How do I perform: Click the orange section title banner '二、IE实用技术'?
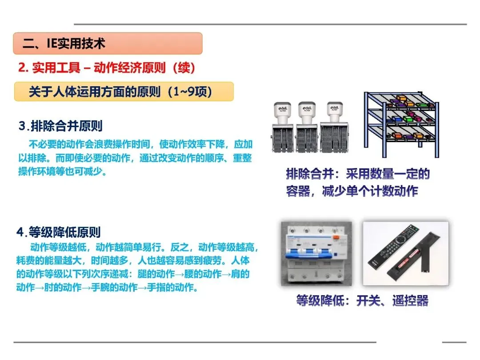point(108,44)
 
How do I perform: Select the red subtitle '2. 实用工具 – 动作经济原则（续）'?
point(107,68)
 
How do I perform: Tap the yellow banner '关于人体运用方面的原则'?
point(124,92)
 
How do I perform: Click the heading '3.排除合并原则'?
point(60,126)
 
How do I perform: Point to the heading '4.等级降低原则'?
point(59,232)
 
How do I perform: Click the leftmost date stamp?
point(283,128)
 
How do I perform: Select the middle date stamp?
point(307,127)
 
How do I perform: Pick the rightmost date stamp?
point(334,128)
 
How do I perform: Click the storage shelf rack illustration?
point(401,124)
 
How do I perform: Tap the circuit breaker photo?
point(316,253)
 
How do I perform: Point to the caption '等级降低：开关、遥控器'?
point(362,300)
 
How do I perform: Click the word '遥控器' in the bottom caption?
point(411,300)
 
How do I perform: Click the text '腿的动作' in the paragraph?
point(156,274)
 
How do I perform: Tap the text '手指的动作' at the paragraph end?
point(172,287)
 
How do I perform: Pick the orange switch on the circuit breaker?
point(336,237)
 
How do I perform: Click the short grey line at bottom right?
point(454,342)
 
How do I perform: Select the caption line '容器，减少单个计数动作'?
point(352,191)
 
